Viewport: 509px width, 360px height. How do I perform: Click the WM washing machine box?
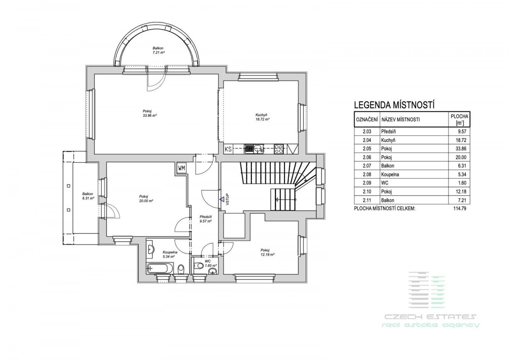(x=182, y=168)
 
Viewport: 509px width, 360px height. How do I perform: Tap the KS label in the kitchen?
(x=228, y=149)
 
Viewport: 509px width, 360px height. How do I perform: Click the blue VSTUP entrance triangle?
(x=221, y=199)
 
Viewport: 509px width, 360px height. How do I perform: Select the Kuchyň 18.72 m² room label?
(x=263, y=117)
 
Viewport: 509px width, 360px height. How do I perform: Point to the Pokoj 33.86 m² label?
(x=149, y=113)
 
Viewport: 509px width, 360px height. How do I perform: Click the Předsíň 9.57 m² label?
(x=206, y=219)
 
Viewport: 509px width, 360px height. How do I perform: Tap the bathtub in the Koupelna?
(x=160, y=268)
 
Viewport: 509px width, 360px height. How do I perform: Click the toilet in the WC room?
(x=199, y=265)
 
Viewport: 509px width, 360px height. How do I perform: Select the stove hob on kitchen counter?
(x=279, y=149)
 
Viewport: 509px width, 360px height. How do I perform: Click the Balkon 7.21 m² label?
(x=158, y=50)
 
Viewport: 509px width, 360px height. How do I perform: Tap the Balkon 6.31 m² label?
(x=88, y=196)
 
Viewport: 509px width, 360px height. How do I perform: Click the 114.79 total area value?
(x=460, y=208)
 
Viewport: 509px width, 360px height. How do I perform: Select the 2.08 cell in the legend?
(x=367, y=174)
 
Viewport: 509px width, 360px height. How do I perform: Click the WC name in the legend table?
(x=385, y=183)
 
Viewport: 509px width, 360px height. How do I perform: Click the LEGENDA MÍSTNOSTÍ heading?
(x=394, y=105)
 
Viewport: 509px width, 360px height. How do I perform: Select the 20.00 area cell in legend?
(x=461, y=157)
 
